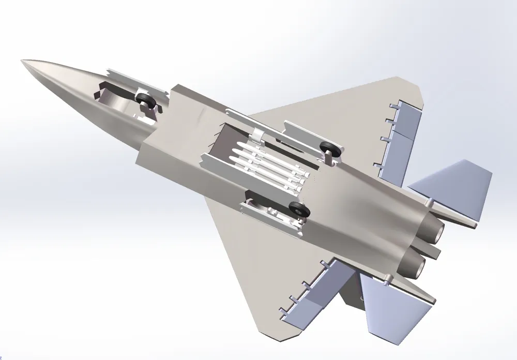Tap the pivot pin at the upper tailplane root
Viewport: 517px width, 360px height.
tap(430, 200)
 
